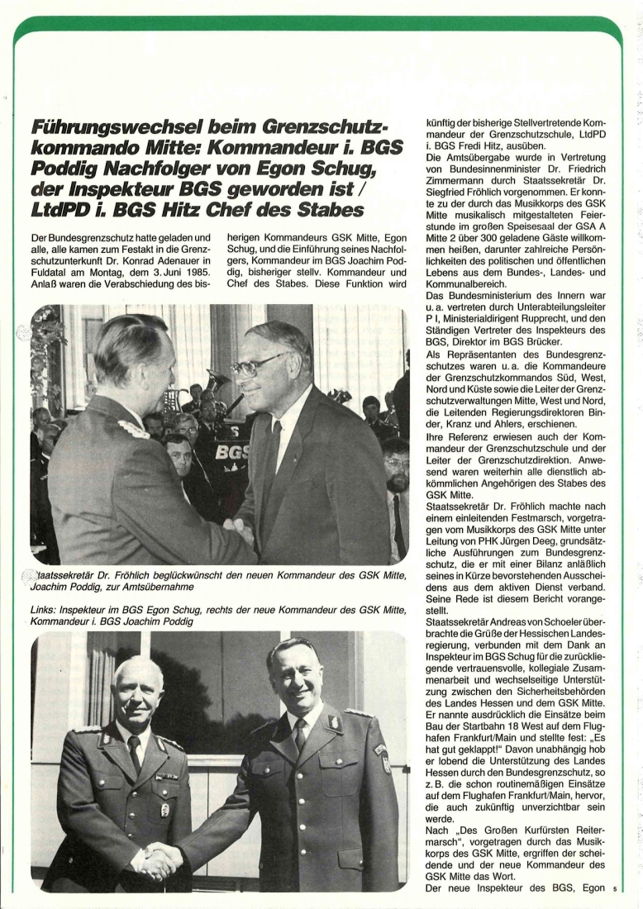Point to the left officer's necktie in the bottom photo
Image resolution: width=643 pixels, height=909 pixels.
[x=135, y=753]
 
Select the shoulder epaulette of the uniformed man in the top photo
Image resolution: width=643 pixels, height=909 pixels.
[x=133, y=430]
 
